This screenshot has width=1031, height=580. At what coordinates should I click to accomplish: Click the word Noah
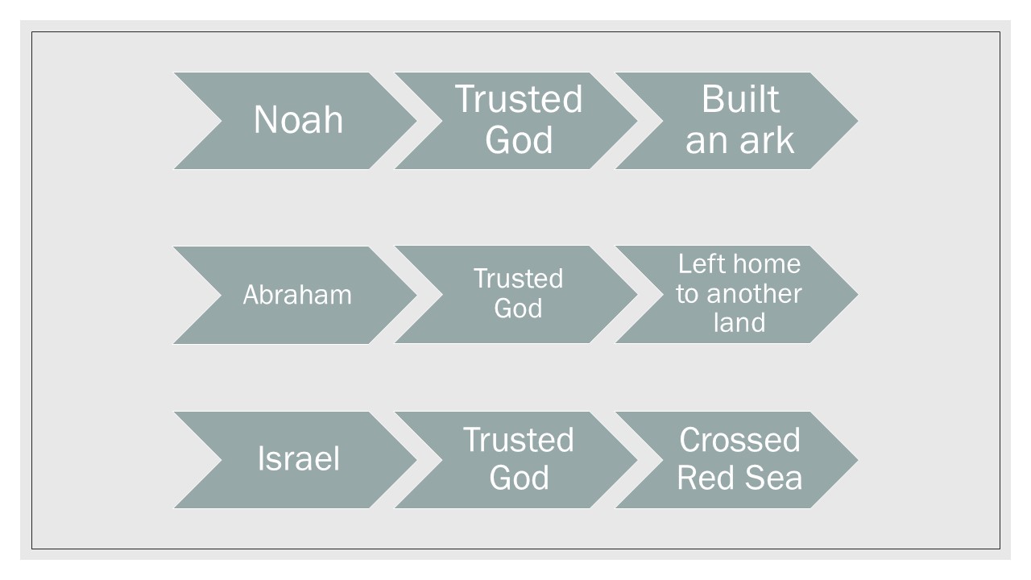(x=298, y=120)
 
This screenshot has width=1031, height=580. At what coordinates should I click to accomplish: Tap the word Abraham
(x=297, y=295)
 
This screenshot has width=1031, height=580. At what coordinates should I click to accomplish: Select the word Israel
(x=298, y=459)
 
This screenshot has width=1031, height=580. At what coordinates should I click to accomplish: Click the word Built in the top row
(x=739, y=100)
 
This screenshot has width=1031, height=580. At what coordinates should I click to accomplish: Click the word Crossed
(x=739, y=441)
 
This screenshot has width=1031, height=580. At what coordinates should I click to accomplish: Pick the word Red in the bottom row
(x=703, y=478)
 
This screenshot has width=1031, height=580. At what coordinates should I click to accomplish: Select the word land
(x=739, y=323)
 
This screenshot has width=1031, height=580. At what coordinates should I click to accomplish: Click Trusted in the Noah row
(x=519, y=100)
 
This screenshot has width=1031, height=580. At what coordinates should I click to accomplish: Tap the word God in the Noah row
(x=519, y=140)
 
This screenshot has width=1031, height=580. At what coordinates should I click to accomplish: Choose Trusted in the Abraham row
(x=518, y=279)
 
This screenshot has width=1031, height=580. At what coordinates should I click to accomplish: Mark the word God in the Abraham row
(x=518, y=309)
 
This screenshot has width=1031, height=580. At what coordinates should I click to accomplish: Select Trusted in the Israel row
(x=519, y=441)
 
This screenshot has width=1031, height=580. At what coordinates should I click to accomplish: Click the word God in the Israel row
(x=519, y=478)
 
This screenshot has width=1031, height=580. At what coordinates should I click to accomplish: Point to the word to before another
(x=687, y=294)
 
